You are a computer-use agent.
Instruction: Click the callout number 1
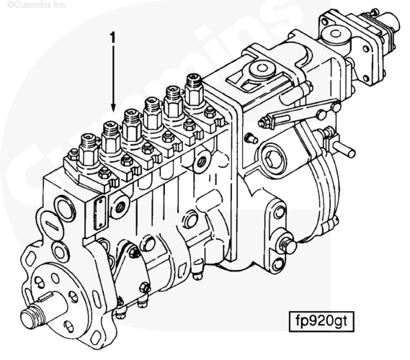112,37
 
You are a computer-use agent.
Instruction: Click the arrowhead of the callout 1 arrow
113,107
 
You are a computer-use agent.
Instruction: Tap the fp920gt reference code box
321,321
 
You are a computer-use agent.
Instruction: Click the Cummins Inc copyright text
36,4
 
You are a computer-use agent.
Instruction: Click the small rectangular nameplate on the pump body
99,213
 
